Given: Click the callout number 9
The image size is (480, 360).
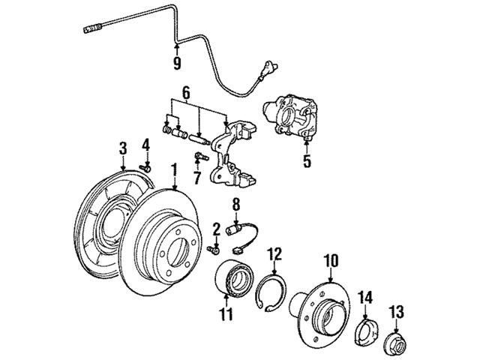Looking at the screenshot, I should tap(177, 63).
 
